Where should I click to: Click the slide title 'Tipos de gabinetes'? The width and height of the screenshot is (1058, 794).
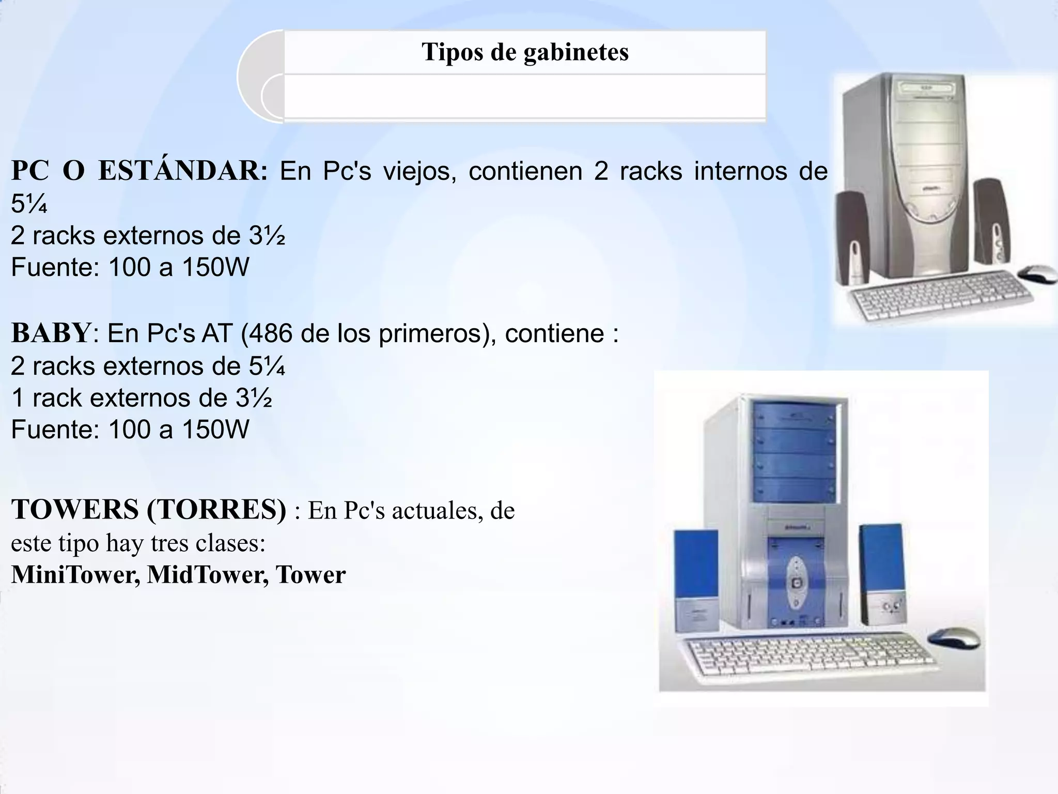pos(525,52)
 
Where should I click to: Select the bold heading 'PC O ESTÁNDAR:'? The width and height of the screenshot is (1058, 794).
pos(139,171)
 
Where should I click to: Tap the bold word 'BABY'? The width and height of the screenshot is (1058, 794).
pos(51,333)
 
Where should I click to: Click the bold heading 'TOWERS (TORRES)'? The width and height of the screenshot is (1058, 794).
pos(149,510)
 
